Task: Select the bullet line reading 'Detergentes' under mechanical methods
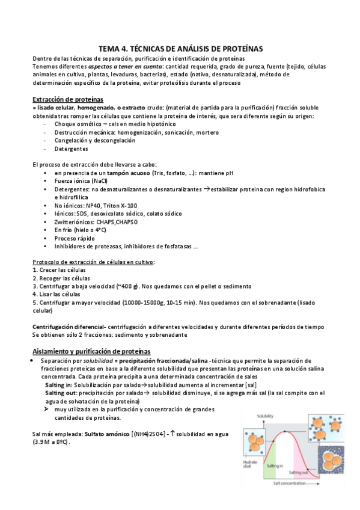point(71,149)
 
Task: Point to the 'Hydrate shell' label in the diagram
point(250,462)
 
